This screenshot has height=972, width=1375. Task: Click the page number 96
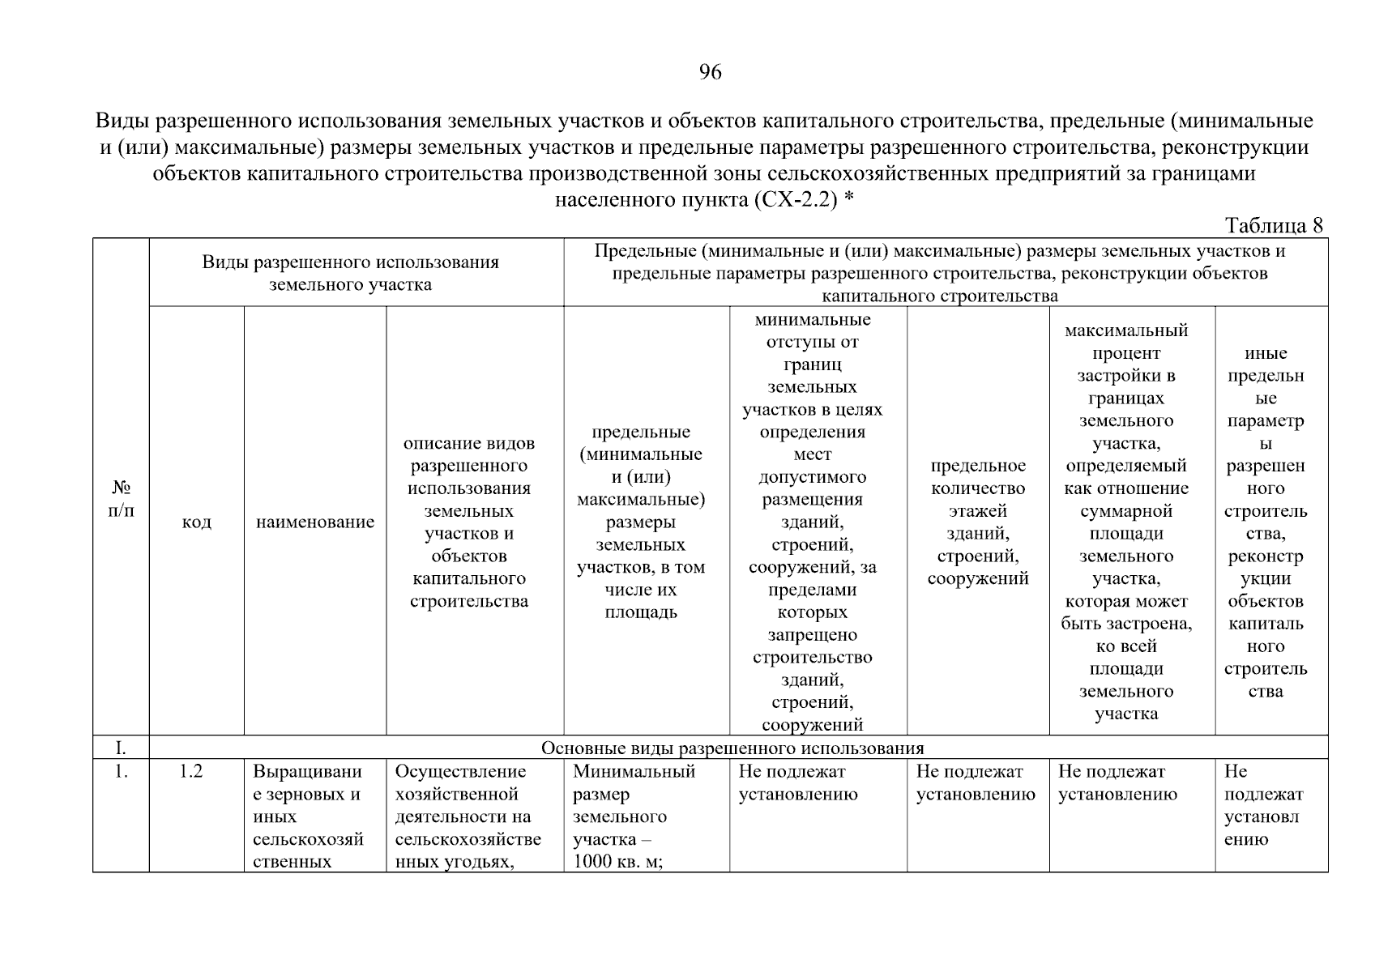click(710, 73)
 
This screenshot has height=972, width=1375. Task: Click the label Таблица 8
click(1274, 225)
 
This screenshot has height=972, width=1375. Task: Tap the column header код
click(196, 522)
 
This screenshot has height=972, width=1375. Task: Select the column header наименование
click(315, 522)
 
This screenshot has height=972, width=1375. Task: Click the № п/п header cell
click(121, 499)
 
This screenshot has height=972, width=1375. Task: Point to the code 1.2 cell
click(191, 772)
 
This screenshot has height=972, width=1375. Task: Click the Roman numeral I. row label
click(120, 748)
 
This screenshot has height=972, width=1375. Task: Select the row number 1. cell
click(120, 772)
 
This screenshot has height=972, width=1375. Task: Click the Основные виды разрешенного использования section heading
click(732, 748)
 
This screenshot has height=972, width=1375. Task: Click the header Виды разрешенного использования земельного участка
click(350, 273)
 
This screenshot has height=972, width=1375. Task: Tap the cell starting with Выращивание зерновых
click(308, 816)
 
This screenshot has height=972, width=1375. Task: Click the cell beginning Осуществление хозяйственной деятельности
click(468, 816)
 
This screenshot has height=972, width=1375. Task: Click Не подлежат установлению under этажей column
click(976, 783)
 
